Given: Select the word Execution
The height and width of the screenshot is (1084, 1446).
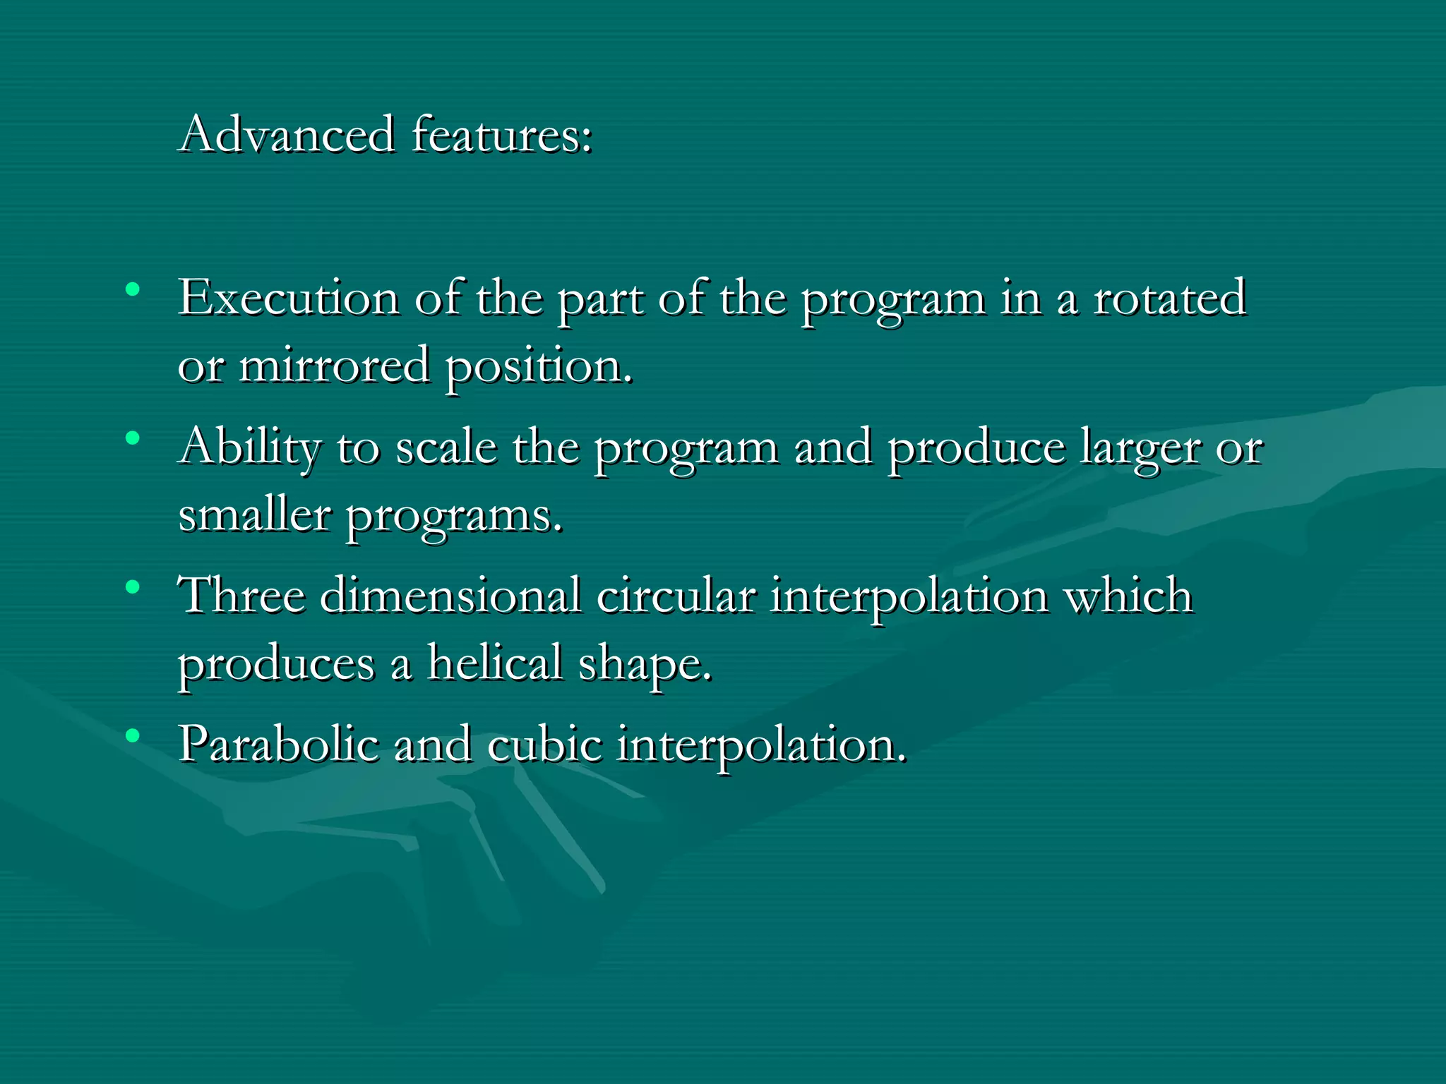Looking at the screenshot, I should coord(288,298).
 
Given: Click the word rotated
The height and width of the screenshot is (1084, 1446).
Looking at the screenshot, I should coord(1169,298).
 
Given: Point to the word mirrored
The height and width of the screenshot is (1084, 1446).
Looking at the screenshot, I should coord(334,366).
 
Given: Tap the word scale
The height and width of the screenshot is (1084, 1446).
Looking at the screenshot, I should coord(446,447).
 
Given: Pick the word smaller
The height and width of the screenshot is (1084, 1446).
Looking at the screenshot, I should coord(254,514).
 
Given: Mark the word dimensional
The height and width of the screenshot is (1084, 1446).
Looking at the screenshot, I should coord(450,595).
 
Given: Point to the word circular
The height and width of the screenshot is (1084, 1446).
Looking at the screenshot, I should coord(676,595).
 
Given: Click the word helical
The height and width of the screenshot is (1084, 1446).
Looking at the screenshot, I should coord(494,663).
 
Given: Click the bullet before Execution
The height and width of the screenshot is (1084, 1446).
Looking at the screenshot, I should coord(132,289).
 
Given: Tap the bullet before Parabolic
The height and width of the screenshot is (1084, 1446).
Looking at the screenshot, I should coord(132,736).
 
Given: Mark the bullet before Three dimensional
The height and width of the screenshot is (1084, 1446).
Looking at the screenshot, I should coord(132,587).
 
